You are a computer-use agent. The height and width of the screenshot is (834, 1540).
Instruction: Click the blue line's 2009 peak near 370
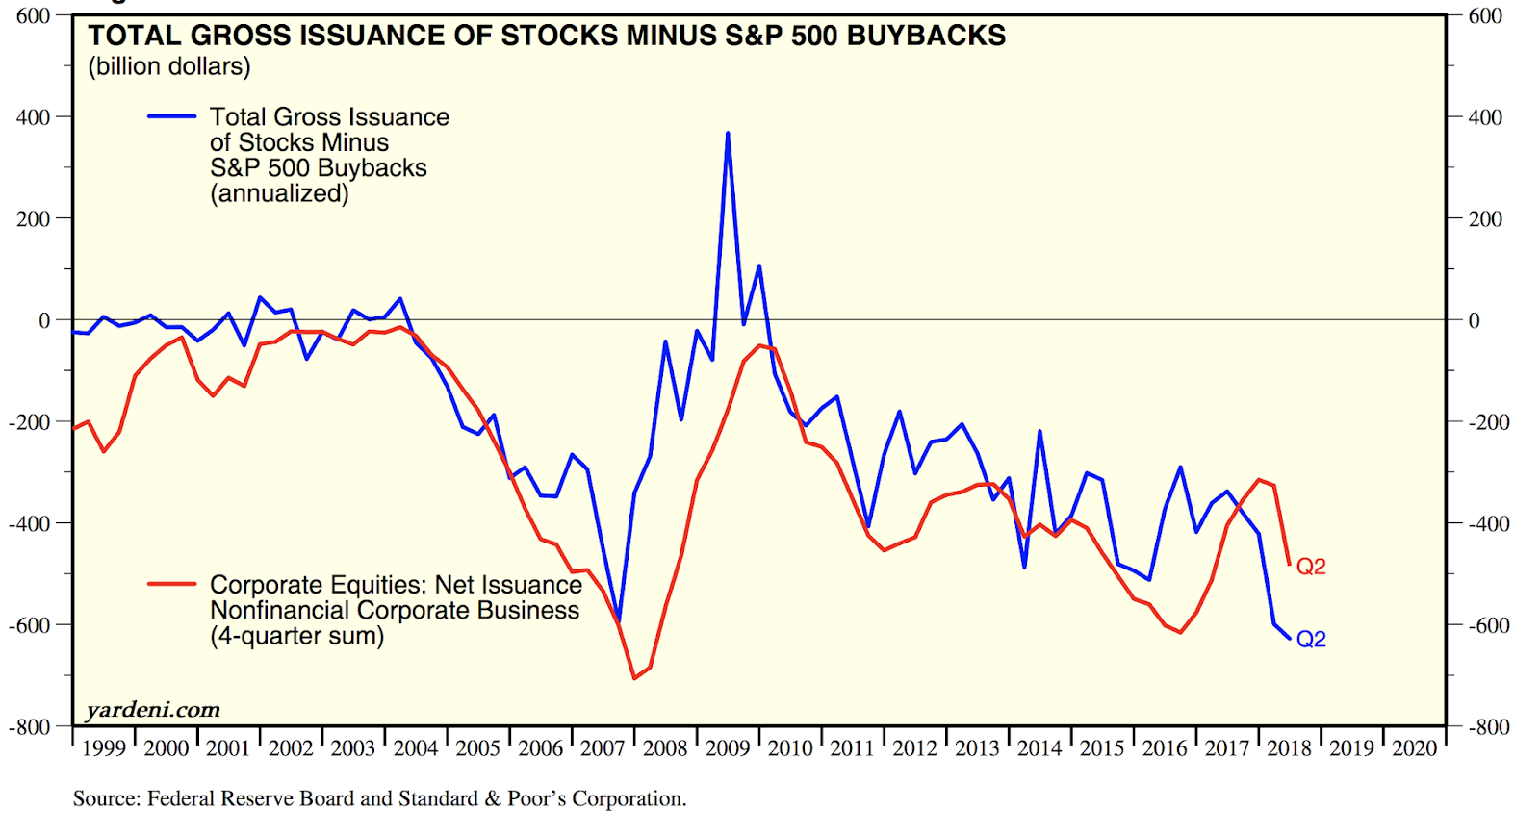click(x=728, y=134)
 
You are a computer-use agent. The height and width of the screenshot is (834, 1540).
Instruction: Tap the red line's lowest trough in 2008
click(x=634, y=678)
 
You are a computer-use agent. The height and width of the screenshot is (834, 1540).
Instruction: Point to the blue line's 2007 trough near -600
click(x=619, y=620)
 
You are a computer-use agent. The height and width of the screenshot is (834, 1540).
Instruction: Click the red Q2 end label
click(x=1311, y=567)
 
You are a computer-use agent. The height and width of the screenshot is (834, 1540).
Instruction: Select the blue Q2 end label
click(x=1311, y=640)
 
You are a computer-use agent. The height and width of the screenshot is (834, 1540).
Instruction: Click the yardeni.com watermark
click(x=153, y=710)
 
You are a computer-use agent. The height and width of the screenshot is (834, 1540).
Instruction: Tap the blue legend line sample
click(x=171, y=116)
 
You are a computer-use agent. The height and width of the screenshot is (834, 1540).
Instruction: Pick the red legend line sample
click(x=171, y=583)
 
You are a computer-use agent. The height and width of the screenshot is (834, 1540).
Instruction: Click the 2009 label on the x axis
click(x=728, y=748)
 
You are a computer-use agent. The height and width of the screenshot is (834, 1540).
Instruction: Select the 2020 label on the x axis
click(x=1414, y=748)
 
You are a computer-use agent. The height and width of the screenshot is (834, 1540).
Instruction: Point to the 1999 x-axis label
click(x=104, y=748)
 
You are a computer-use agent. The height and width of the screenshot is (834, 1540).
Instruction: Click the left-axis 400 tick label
click(x=33, y=117)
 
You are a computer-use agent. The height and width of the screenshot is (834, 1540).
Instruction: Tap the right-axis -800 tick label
click(x=1488, y=727)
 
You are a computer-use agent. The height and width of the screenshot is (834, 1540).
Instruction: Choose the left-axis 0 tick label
click(x=44, y=320)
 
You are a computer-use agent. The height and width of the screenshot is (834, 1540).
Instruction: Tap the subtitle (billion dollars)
click(x=169, y=66)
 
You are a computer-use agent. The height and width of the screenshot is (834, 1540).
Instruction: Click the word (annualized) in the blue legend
click(x=279, y=193)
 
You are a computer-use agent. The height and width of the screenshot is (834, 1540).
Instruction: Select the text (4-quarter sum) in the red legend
click(x=296, y=636)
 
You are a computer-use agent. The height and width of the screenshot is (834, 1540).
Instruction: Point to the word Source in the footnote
click(x=106, y=798)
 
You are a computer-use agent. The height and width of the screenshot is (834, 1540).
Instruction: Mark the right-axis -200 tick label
click(x=1488, y=422)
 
